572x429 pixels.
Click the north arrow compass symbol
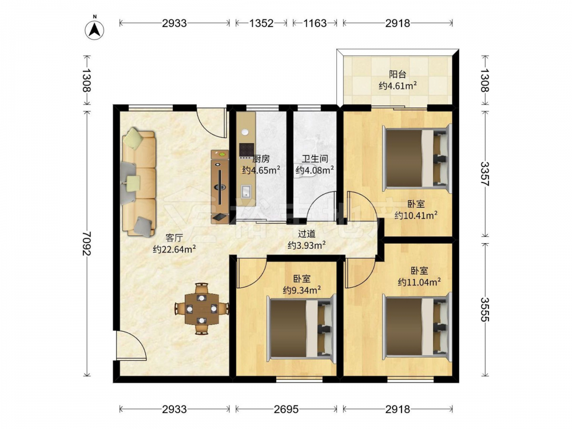click(95, 29)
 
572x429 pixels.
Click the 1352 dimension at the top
click(261, 23)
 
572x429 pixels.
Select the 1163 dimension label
click(315, 23)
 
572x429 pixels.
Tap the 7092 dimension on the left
click(87, 243)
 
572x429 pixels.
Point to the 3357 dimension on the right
click(484, 174)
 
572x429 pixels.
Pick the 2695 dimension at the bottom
click(287, 410)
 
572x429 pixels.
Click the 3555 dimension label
click(484, 309)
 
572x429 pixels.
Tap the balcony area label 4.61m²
click(398, 86)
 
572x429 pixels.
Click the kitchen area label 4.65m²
click(261, 170)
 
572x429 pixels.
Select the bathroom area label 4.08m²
click(315, 170)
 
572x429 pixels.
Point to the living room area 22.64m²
click(174, 249)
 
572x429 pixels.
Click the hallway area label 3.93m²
click(307, 245)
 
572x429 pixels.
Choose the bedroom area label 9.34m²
click(302, 290)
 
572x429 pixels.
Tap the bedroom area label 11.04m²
click(419, 281)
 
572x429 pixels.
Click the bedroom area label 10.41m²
click(416, 215)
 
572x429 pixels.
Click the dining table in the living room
click(201, 309)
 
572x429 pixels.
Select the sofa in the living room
click(138, 182)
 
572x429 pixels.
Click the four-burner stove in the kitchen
click(246, 149)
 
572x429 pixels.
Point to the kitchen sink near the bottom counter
click(246, 191)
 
